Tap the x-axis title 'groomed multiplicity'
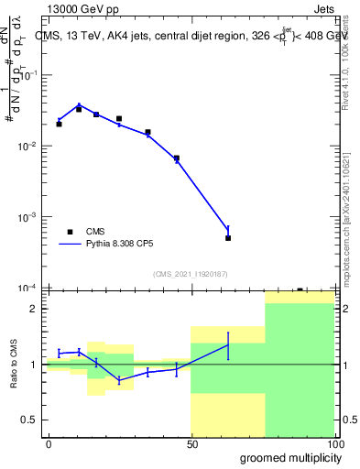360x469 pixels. click(286, 457)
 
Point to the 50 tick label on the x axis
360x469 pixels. click(191, 443)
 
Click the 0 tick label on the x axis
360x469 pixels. click(49, 443)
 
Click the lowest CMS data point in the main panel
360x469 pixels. click(228, 237)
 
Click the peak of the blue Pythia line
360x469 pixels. click(79, 104)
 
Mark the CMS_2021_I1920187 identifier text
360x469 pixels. click(190, 273)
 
